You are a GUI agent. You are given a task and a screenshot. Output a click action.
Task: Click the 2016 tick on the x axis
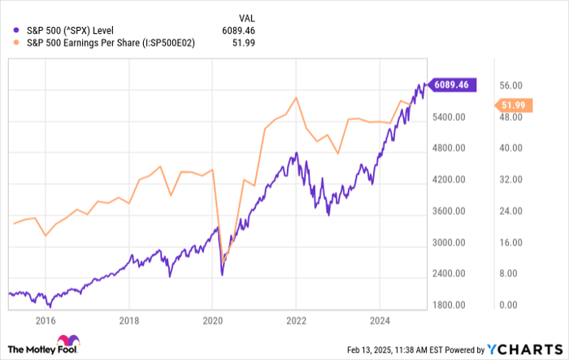point(45,320)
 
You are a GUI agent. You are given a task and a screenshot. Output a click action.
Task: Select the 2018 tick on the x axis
point(128,320)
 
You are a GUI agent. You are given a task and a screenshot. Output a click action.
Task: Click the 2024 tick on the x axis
point(379,320)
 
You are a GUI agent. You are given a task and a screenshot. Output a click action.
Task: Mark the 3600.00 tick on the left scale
point(448,211)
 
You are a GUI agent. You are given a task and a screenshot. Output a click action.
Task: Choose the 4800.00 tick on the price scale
point(448,149)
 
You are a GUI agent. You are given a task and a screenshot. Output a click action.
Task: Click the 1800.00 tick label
point(448,306)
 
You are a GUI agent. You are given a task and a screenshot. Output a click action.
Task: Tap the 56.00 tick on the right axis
point(509,85)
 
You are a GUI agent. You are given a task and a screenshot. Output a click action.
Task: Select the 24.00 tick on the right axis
point(509,211)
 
